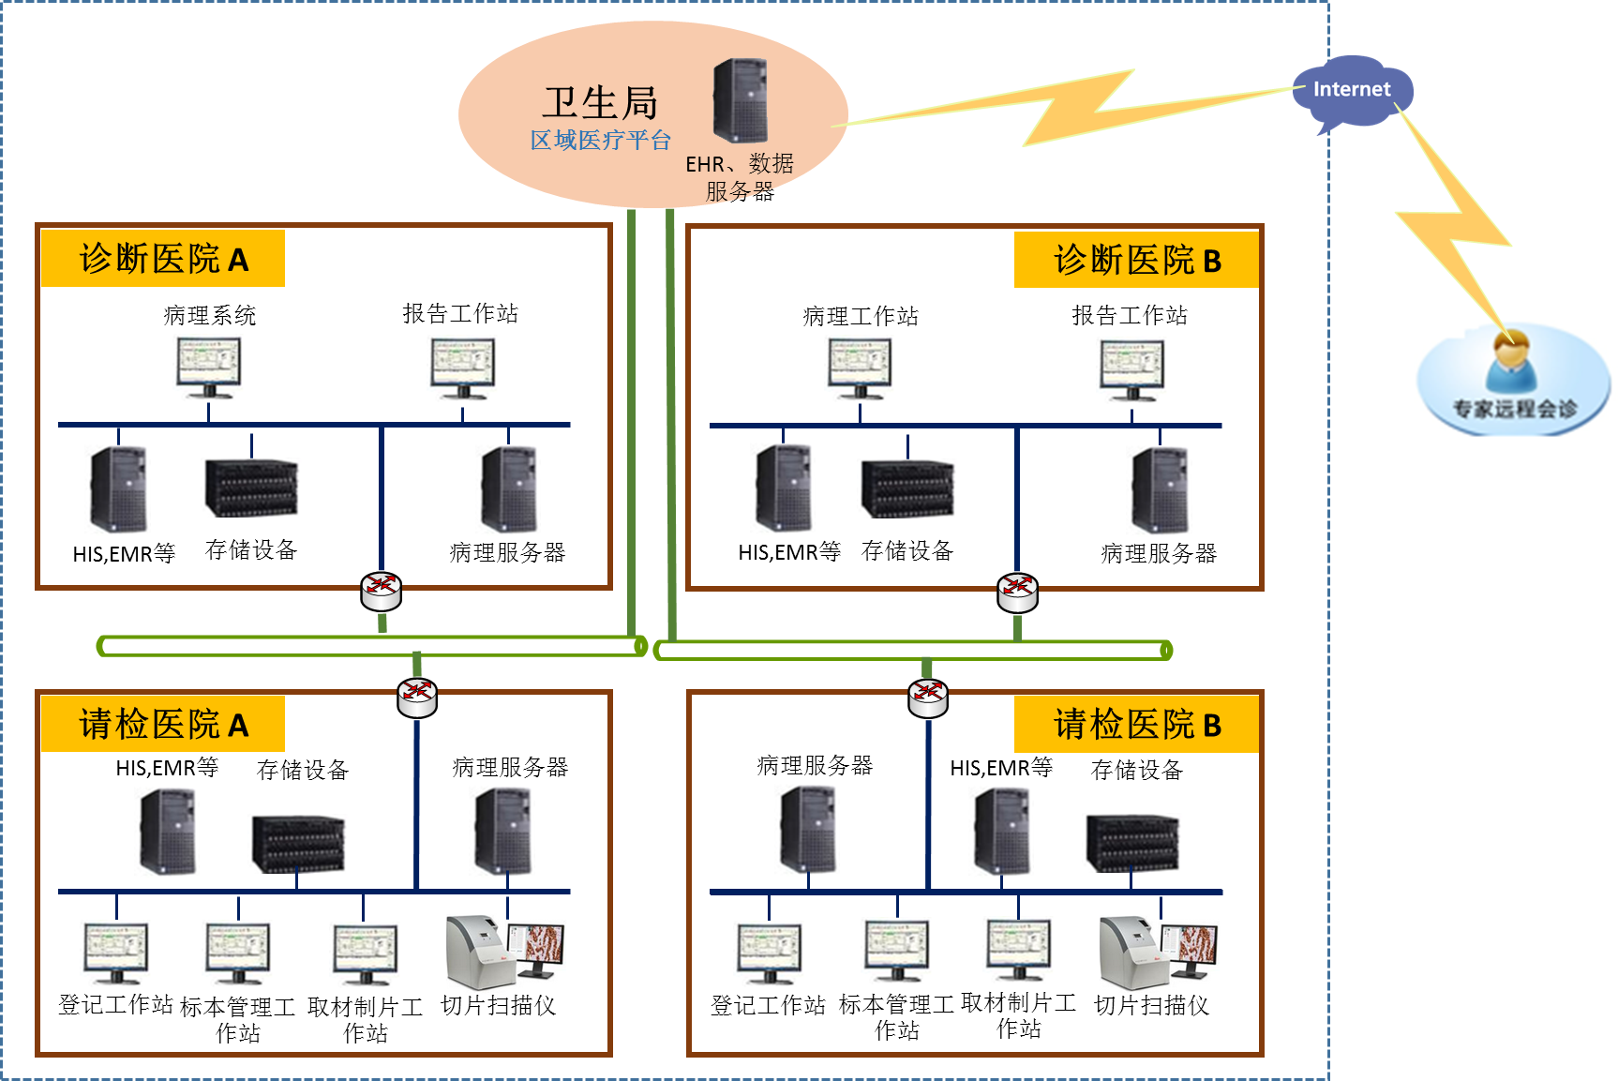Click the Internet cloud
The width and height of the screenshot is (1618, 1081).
click(x=1351, y=92)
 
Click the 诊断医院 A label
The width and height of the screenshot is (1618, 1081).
click(x=163, y=259)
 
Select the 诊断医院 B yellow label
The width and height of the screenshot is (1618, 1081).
click(x=1136, y=260)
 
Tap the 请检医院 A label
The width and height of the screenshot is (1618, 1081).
click(x=163, y=724)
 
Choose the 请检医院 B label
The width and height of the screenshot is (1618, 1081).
click(x=1136, y=724)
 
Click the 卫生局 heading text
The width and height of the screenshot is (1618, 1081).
click(x=600, y=102)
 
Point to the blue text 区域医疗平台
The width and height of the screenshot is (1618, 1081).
click(x=600, y=141)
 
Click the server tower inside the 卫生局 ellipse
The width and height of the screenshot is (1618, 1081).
click(x=741, y=100)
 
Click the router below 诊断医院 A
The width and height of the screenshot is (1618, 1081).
click(x=382, y=591)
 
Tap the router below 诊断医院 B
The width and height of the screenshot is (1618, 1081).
click(x=1018, y=592)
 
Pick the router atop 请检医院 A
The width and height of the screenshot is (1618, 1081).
click(x=417, y=697)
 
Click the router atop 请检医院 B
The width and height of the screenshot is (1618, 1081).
click(x=928, y=697)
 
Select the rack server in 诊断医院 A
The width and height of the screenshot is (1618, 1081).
click(x=251, y=488)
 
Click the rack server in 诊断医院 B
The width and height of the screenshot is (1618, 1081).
click(x=907, y=488)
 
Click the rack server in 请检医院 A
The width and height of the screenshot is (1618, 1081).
click(x=298, y=843)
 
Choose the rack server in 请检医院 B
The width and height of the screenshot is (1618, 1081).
click(x=1132, y=842)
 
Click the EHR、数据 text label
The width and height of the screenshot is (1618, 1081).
click(x=739, y=164)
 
